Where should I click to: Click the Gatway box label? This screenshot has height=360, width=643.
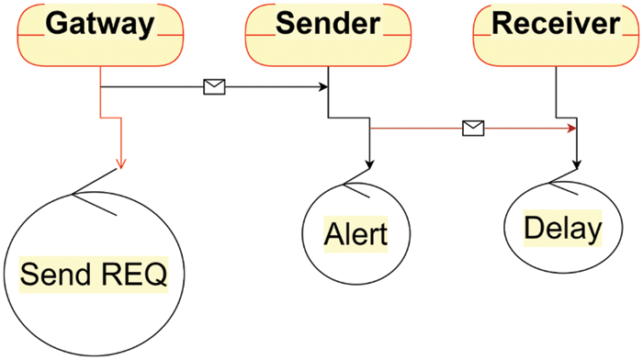click(x=100, y=25)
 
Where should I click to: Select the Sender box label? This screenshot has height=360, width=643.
click(x=328, y=25)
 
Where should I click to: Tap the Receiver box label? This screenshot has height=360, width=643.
click(x=557, y=25)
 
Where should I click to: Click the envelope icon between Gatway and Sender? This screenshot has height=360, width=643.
click(x=214, y=87)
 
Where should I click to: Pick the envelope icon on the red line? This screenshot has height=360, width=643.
click(x=473, y=129)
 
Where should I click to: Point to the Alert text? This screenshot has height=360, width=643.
click(x=355, y=234)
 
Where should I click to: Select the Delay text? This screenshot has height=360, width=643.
click(x=562, y=228)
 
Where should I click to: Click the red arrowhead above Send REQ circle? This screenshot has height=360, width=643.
click(x=120, y=164)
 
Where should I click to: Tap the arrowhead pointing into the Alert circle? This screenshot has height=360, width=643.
click(x=369, y=165)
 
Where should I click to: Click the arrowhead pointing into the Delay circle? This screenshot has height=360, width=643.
click(x=577, y=165)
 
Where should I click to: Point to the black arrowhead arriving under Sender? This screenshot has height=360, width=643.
click(x=323, y=88)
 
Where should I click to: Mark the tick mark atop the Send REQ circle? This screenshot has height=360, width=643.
click(x=92, y=204)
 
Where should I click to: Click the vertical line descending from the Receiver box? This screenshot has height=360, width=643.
click(x=557, y=92)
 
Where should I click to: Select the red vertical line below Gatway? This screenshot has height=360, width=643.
click(x=99, y=101)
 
